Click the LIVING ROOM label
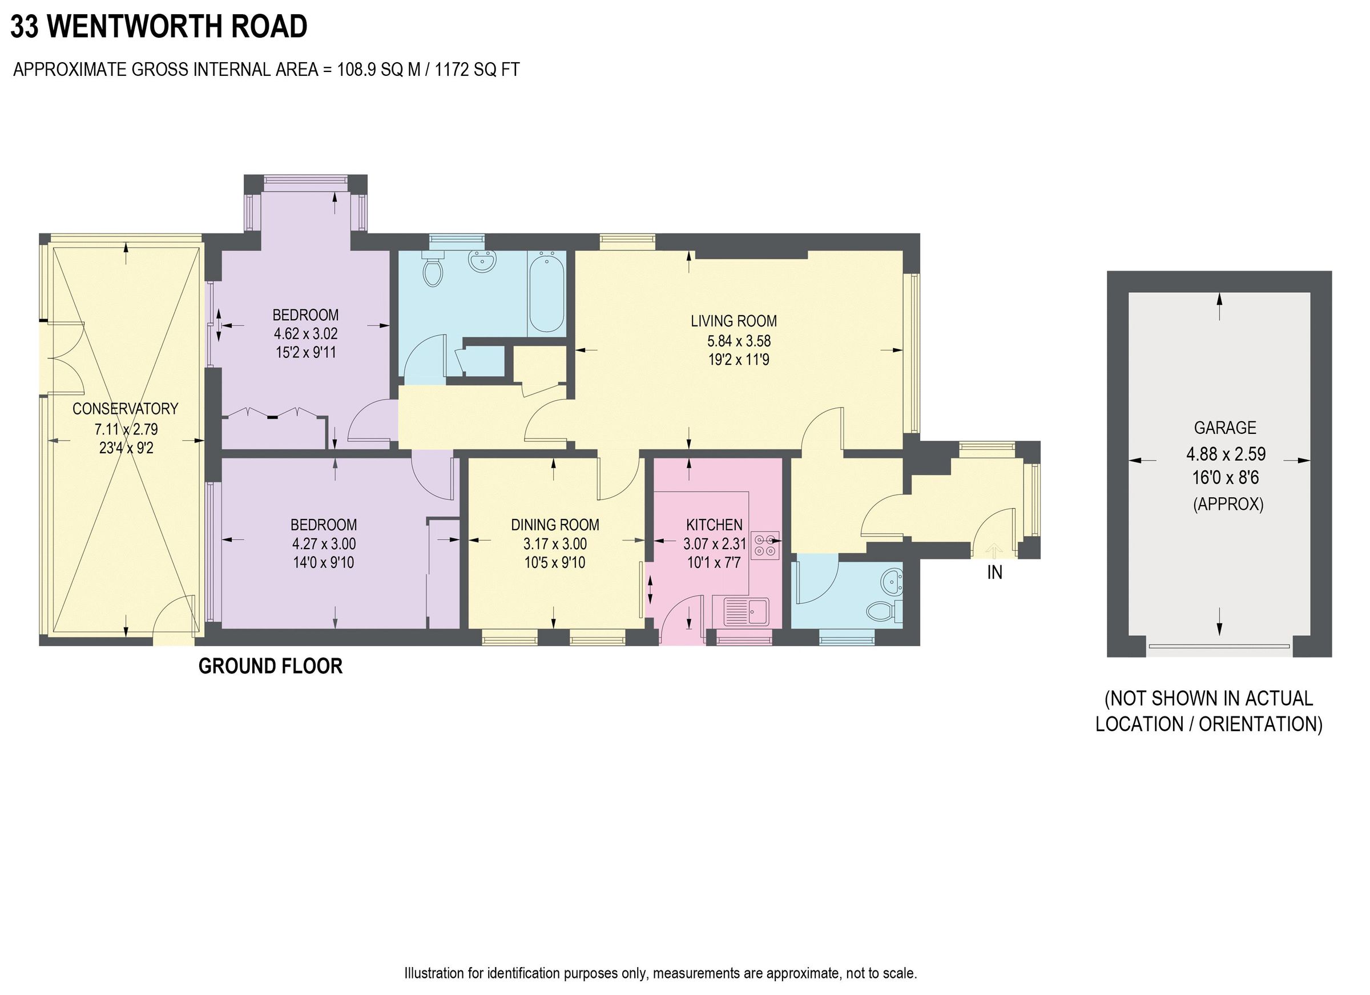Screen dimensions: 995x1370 coord(734,321)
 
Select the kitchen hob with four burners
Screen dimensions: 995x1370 coord(765,545)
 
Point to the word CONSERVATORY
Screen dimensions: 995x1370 coord(125,409)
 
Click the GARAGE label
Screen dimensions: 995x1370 coord(1224,428)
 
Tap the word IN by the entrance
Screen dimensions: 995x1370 coord(994,572)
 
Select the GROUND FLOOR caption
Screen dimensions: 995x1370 coord(270,666)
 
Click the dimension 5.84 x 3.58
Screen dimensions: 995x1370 coord(739,341)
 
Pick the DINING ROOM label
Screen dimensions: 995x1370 coord(554,525)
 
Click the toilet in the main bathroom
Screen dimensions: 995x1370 coord(433,271)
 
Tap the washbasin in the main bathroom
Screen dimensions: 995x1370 coord(482,262)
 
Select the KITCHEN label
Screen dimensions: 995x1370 coord(714,525)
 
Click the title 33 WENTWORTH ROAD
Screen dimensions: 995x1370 coord(159,27)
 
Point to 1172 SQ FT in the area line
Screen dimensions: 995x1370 coord(477,70)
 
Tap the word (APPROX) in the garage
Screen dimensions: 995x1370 coord(1227,504)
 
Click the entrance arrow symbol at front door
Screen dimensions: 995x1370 coord(994,550)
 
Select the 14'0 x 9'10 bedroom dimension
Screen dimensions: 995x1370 coord(323,563)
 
